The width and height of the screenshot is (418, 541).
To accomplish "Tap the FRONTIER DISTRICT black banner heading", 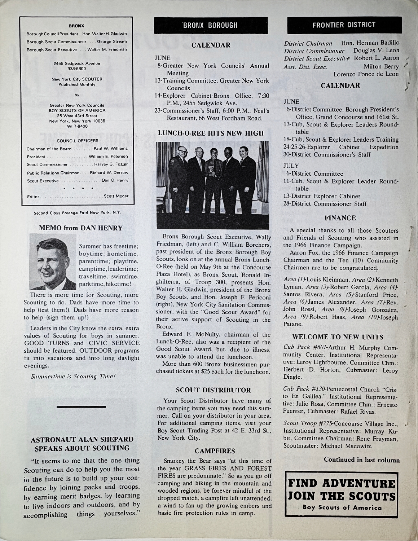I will coord(344,25).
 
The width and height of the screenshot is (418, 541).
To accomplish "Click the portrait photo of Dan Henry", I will coord(53,262).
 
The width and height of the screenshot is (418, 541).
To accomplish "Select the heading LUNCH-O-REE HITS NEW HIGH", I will coord(211,133).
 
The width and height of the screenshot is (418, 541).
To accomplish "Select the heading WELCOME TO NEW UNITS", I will coord(338,337).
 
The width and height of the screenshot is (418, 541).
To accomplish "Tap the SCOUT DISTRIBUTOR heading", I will coord(213,390).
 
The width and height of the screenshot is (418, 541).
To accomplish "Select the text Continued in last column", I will coord(361,460).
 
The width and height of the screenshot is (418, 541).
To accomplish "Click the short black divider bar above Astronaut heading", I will coord(81,406).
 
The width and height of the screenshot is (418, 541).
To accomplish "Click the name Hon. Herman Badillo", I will coord(370,43).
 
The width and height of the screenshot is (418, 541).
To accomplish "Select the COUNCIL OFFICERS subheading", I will coord(78,141).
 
